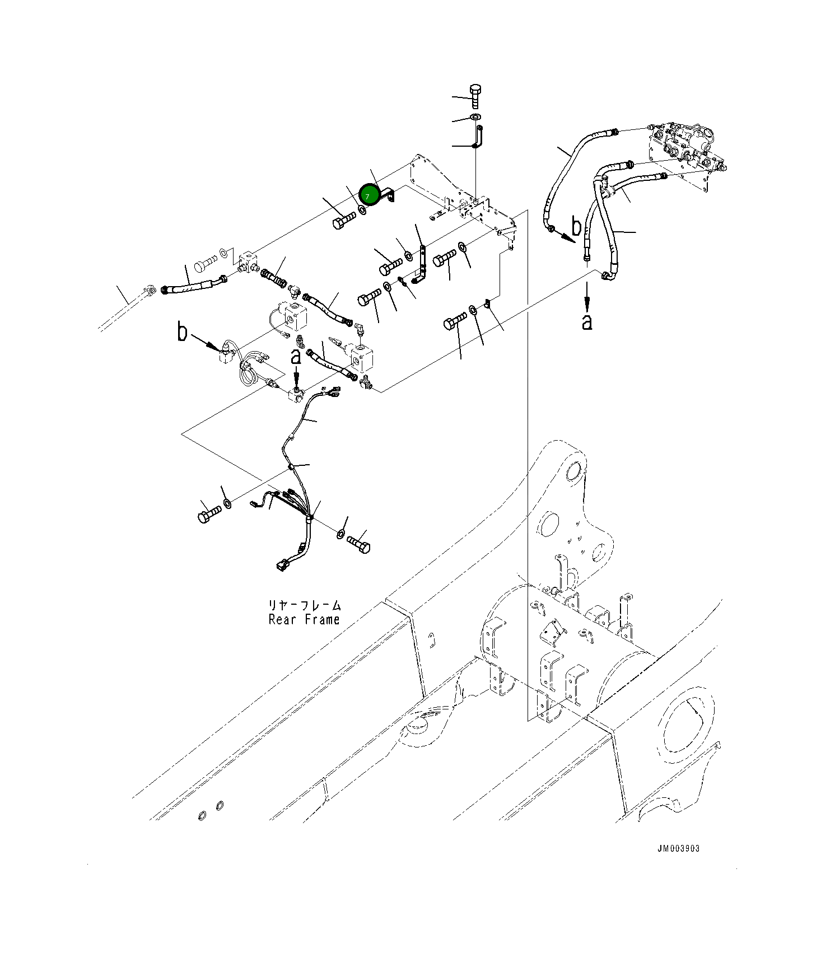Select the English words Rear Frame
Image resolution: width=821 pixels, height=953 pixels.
point(304,620)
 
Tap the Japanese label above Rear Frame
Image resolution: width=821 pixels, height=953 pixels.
point(304,605)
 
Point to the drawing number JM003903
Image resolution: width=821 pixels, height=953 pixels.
point(678,848)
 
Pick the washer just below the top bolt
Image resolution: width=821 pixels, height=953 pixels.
point(475,117)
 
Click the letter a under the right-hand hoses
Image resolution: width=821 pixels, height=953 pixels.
point(586,321)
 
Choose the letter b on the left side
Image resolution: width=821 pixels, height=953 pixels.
point(182,332)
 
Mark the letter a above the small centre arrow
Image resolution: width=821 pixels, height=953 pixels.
point(296,356)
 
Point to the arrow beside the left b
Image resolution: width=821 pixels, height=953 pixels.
point(206,342)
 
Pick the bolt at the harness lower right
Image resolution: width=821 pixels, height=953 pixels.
point(359,544)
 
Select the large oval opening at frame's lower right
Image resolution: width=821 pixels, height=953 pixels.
point(688,726)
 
